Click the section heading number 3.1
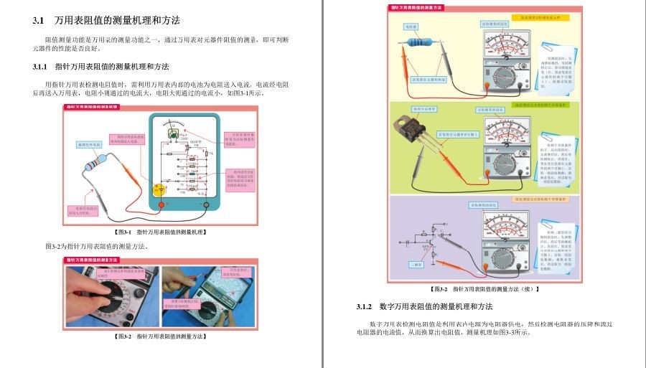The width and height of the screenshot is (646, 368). [39, 20]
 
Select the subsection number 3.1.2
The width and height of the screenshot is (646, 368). [367, 307]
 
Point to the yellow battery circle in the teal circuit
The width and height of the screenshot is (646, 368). [161, 190]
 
